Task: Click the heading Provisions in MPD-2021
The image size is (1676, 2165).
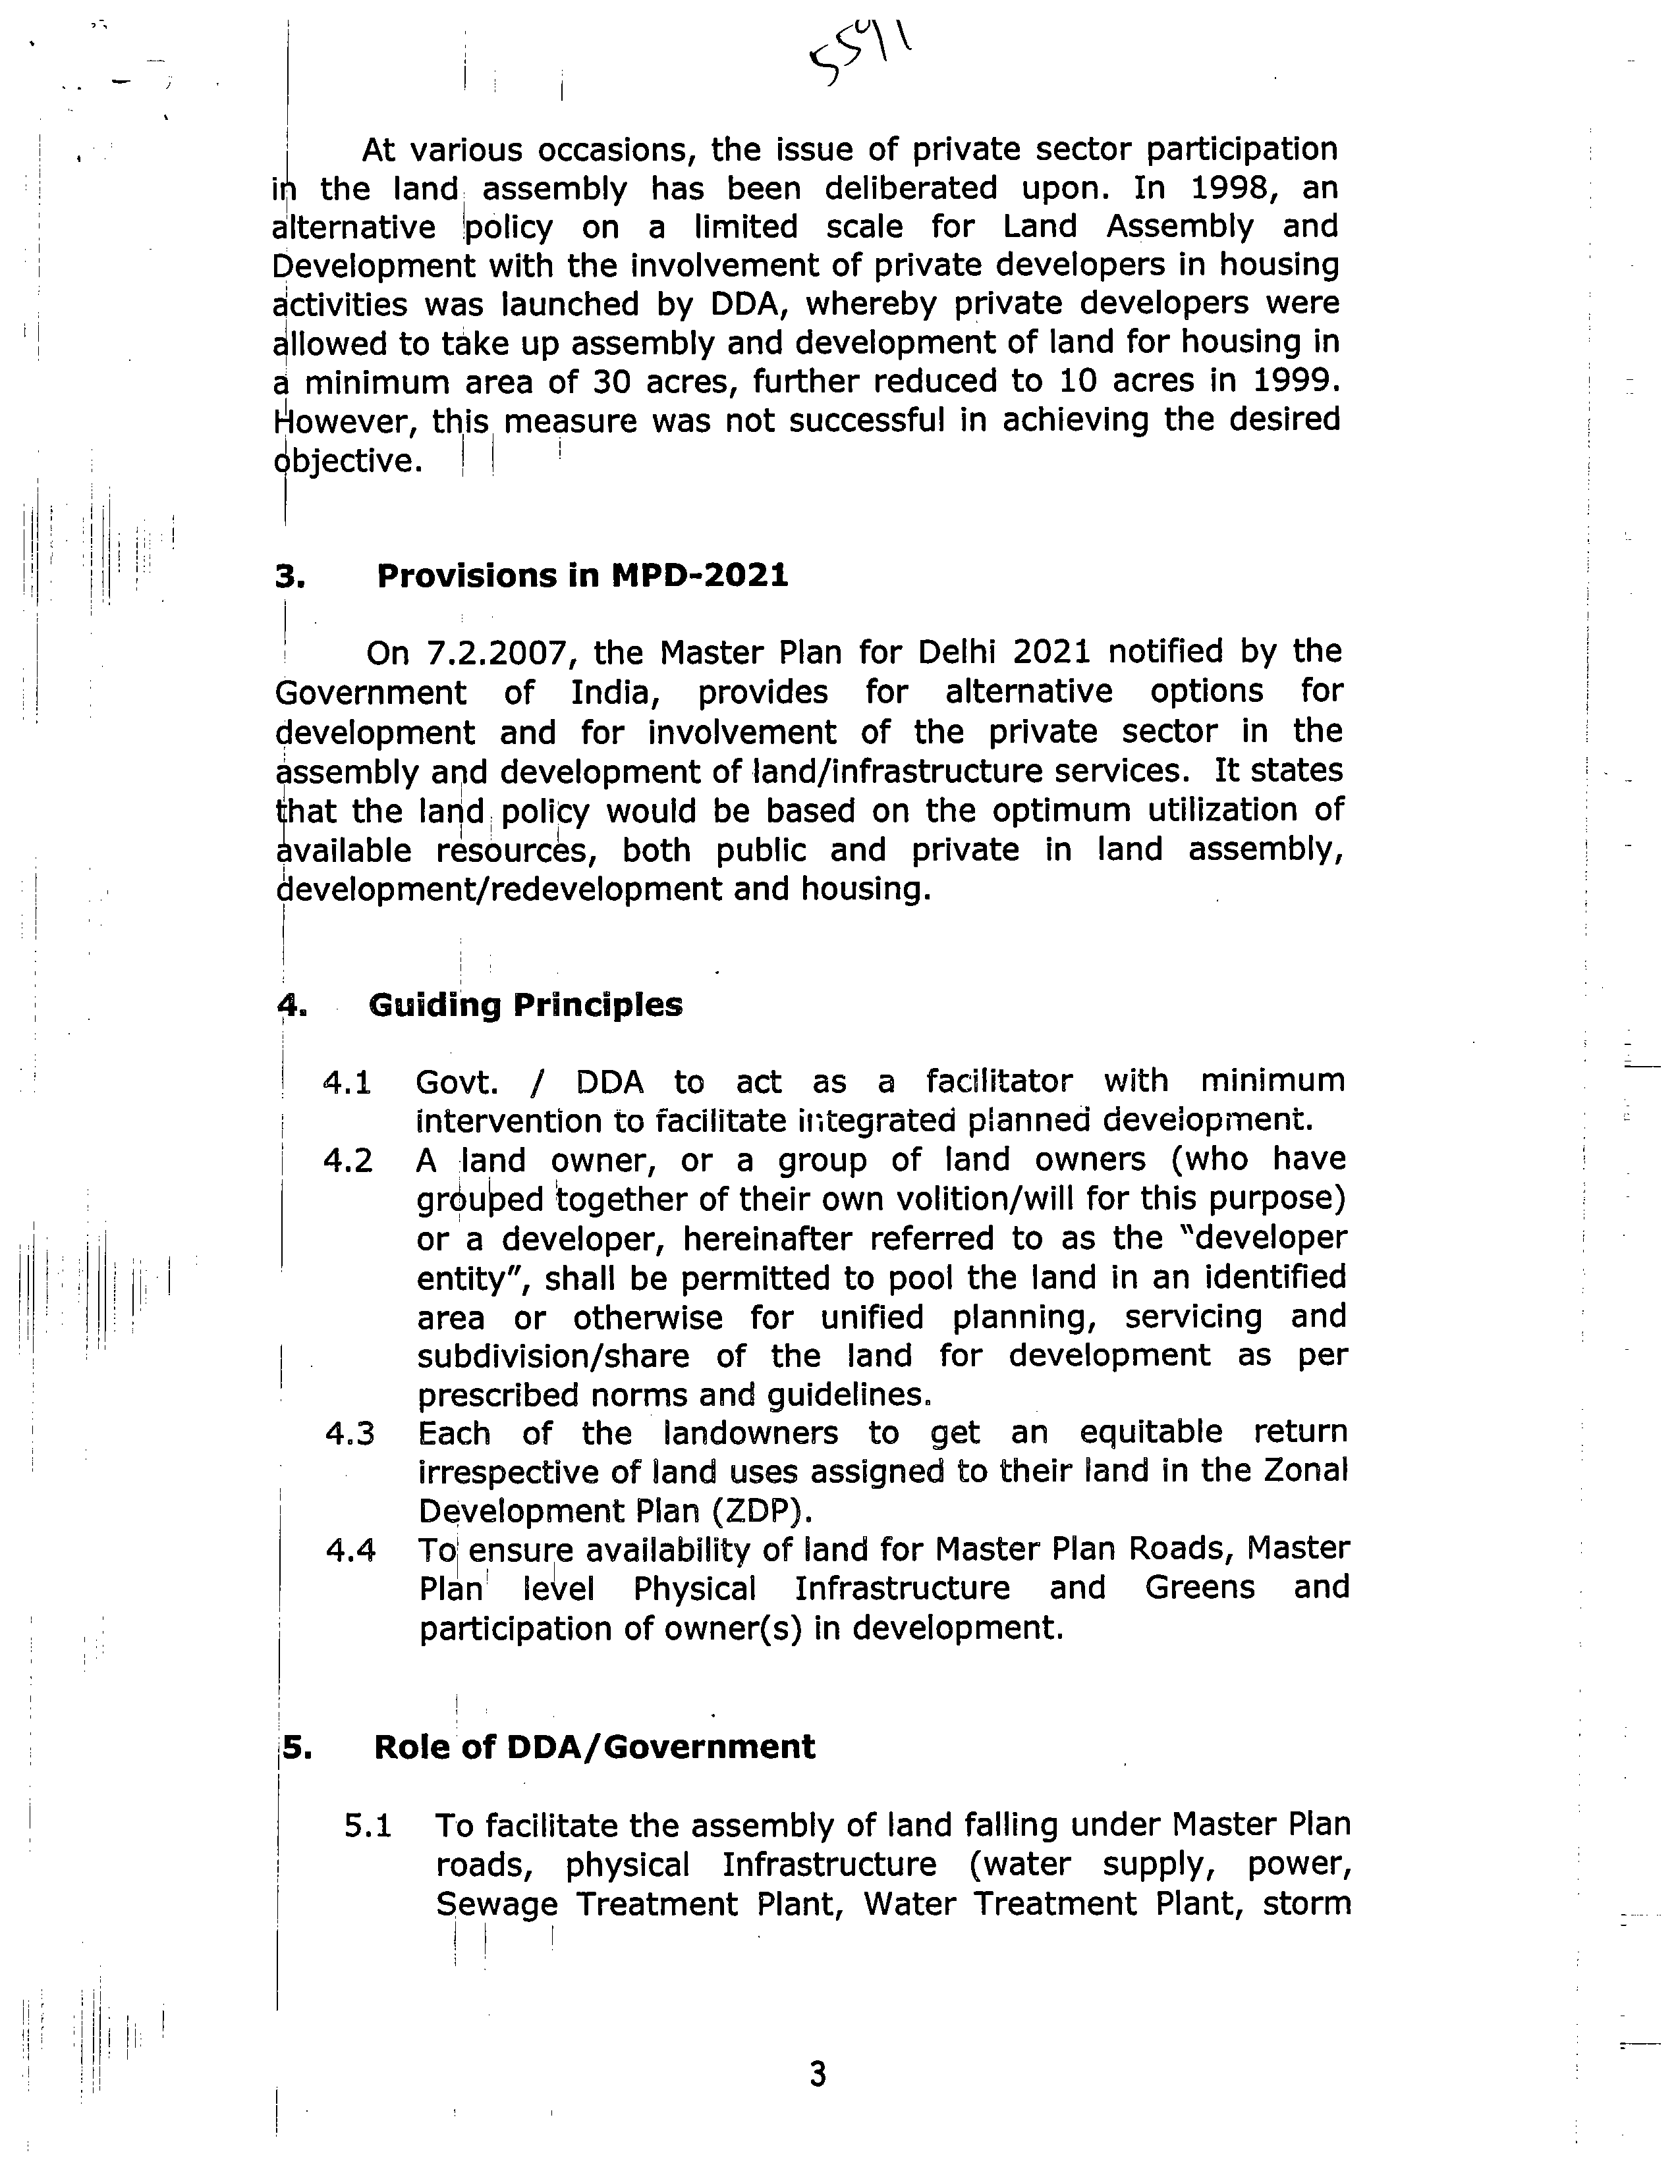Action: coord(582,576)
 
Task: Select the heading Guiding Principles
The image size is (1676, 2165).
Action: coord(526,1005)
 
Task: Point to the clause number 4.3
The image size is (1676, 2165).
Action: coord(349,1434)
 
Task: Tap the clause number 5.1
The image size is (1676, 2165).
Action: coord(368,1826)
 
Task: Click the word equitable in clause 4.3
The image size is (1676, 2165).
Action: coord(1154,1433)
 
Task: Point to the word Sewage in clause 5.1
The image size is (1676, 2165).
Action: coord(496,1906)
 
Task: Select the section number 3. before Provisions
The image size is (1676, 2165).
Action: coord(289,577)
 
